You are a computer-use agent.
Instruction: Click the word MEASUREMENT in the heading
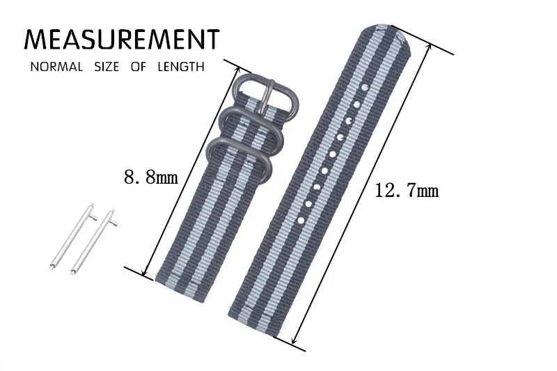(x=122, y=39)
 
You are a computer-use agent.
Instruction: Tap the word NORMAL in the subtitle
(x=56, y=67)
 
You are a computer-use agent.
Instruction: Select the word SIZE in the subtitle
(x=107, y=67)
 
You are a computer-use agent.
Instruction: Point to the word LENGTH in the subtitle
(x=181, y=67)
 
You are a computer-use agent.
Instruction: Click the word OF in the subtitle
(x=139, y=67)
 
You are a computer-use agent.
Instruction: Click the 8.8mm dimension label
(x=151, y=176)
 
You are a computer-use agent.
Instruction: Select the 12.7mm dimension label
(x=407, y=191)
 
